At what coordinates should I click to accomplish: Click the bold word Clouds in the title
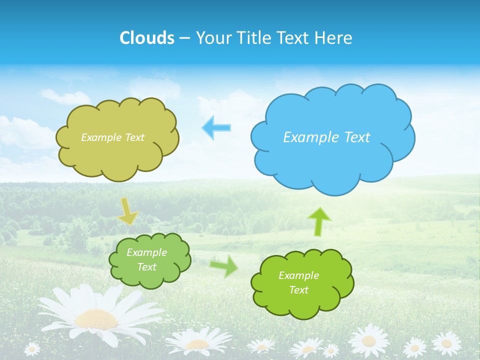[x=146, y=37]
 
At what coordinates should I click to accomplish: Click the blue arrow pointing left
[x=216, y=127]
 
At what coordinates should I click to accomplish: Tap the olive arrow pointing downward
[x=128, y=211]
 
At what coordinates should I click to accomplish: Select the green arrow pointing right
[x=223, y=265]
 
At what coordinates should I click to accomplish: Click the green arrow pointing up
[x=318, y=221]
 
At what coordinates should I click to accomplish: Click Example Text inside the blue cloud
[x=326, y=137]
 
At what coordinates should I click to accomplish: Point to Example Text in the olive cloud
[x=112, y=137]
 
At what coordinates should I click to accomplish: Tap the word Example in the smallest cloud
[x=146, y=252]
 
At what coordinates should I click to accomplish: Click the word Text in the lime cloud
[x=298, y=290]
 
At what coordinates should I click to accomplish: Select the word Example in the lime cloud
[x=298, y=275]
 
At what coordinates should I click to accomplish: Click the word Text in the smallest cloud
[x=146, y=267]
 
